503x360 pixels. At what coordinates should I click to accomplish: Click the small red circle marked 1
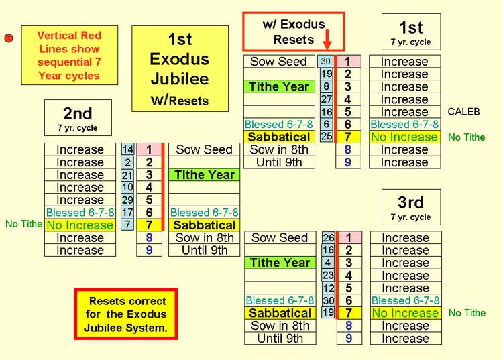point(9,38)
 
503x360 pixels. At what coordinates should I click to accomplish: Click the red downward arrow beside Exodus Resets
point(327,40)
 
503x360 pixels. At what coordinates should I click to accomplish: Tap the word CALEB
point(463,111)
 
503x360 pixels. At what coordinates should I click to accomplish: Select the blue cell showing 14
point(127,149)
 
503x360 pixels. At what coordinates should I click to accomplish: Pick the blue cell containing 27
point(326,99)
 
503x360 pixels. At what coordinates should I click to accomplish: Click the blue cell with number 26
point(329,237)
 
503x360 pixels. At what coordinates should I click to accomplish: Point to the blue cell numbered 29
point(127,200)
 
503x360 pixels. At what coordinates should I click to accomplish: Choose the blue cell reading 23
point(329,275)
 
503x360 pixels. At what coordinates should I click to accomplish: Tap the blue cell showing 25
point(326,137)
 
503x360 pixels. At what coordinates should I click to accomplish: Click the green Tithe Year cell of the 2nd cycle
point(205,175)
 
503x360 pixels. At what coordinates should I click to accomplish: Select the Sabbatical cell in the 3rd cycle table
point(280,313)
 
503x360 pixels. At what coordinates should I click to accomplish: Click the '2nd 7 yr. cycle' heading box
point(78,117)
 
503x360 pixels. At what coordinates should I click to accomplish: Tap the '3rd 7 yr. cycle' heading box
point(411,207)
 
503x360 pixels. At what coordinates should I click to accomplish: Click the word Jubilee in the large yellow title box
point(180,79)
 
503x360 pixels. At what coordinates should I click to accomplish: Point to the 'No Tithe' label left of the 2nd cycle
point(23,224)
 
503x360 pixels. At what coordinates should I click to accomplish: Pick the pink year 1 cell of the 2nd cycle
point(149,149)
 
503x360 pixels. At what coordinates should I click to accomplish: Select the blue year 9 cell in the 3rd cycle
point(349,338)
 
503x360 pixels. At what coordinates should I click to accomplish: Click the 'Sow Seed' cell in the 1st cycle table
point(279,61)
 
